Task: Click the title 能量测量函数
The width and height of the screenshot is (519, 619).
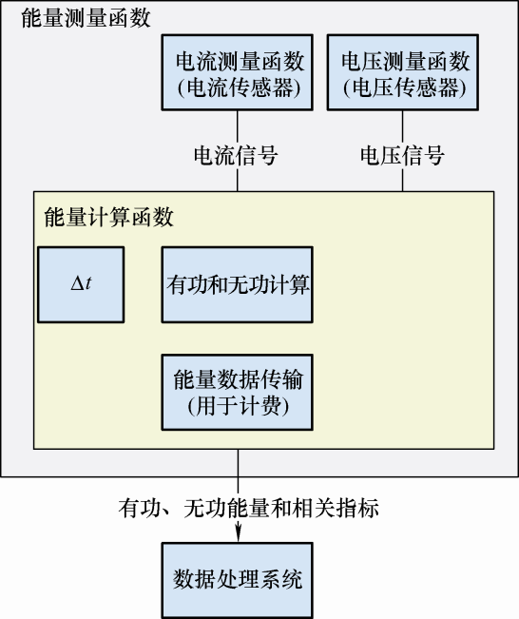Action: pos(86,18)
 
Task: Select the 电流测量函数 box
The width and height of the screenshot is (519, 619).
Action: pos(238,72)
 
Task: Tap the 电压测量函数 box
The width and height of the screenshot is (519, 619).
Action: pos(403,72)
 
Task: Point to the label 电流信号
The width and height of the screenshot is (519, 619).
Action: pos(236,155)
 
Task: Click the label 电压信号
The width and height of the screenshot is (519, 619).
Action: pos(403,155)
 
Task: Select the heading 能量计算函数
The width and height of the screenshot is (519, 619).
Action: pos(109,217)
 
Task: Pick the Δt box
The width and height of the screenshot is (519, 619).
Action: pos(81,284)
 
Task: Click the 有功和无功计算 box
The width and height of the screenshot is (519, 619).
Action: pos(238,284)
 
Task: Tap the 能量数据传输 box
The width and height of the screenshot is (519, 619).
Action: pos(238,392)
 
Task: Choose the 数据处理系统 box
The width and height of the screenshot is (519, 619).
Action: pos(238,579)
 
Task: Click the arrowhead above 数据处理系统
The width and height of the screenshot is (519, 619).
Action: pos(238,534)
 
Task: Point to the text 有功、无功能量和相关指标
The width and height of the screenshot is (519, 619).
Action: pos(249,508)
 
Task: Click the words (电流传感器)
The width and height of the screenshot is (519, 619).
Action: pos(240,87)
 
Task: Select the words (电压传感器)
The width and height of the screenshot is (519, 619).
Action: pos(405,87)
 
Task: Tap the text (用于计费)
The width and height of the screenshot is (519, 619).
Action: pos(239,405)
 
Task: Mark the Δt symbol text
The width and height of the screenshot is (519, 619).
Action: pos(81,283)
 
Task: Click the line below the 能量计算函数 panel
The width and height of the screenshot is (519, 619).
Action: pos(238,474)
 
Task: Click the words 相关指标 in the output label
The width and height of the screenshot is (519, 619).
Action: pos(336,508)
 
